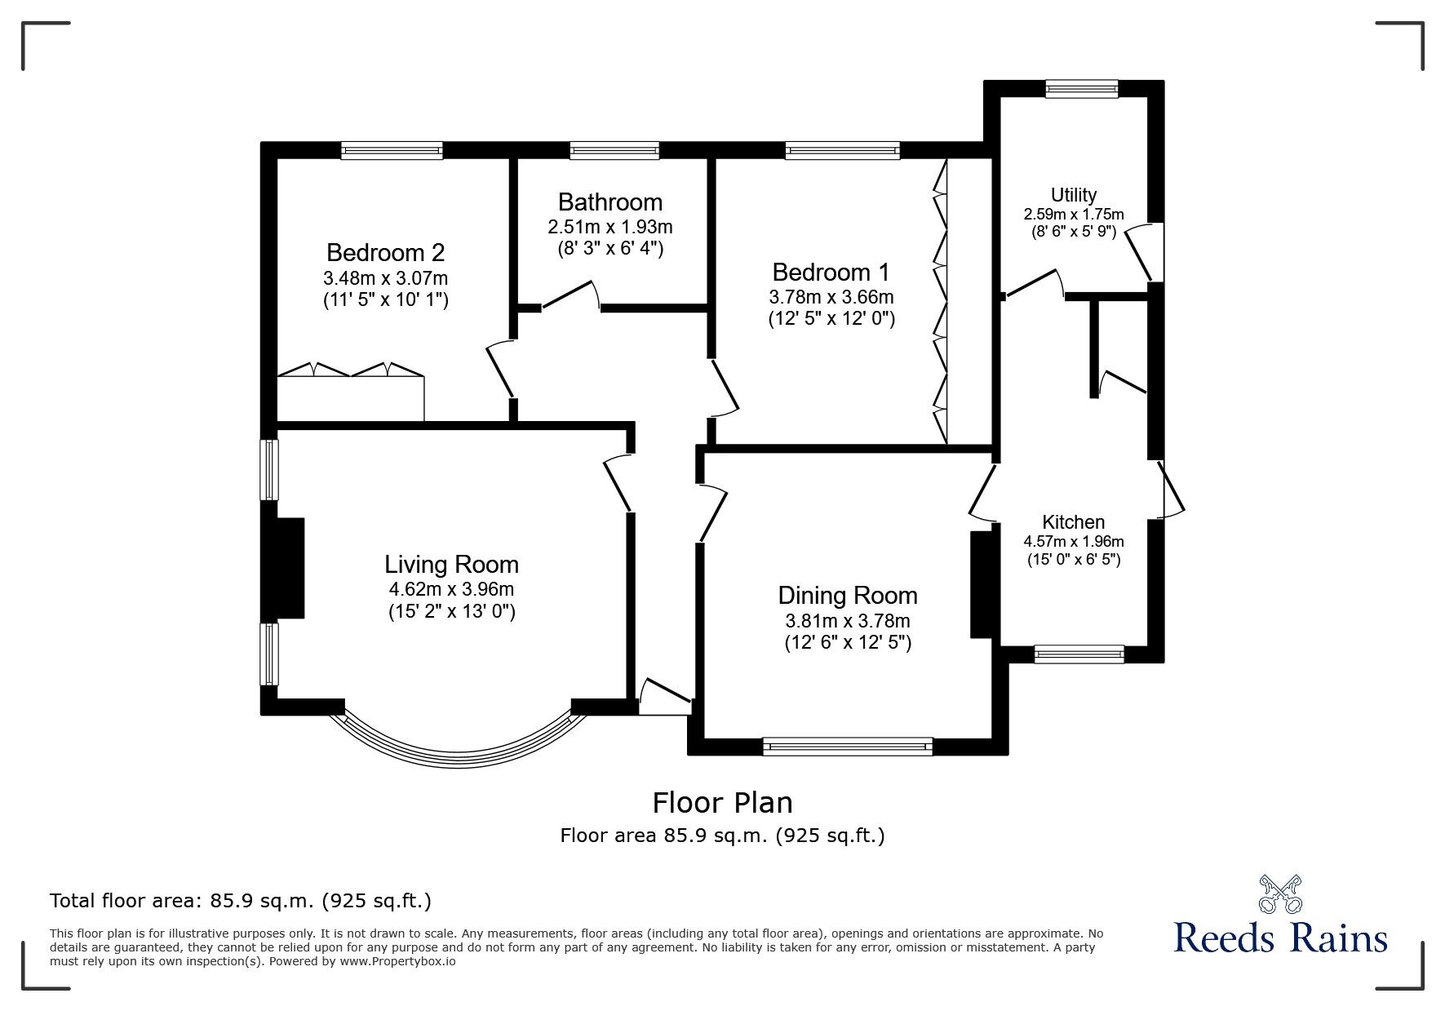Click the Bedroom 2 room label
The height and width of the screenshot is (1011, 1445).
385,251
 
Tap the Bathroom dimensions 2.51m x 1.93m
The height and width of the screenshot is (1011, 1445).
610,227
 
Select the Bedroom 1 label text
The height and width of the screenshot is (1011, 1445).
831,272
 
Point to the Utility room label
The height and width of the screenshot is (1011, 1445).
1073,195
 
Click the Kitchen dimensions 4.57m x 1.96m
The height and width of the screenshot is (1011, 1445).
1073,541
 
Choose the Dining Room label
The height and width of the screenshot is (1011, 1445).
847,596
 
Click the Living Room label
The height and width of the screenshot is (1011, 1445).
451,564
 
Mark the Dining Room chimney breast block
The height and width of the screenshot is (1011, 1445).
980,584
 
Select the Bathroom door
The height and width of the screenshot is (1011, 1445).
571,295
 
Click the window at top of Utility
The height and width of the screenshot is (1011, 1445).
1081,88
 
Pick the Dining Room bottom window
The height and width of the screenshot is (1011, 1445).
847,745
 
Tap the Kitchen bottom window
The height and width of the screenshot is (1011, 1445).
1078,653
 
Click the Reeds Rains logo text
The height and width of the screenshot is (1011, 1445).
1280,938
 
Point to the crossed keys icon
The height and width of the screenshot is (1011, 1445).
1280,894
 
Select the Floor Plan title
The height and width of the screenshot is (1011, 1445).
722,803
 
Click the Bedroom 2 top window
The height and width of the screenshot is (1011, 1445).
392,149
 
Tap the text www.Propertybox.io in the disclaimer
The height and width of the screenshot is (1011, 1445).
397,961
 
